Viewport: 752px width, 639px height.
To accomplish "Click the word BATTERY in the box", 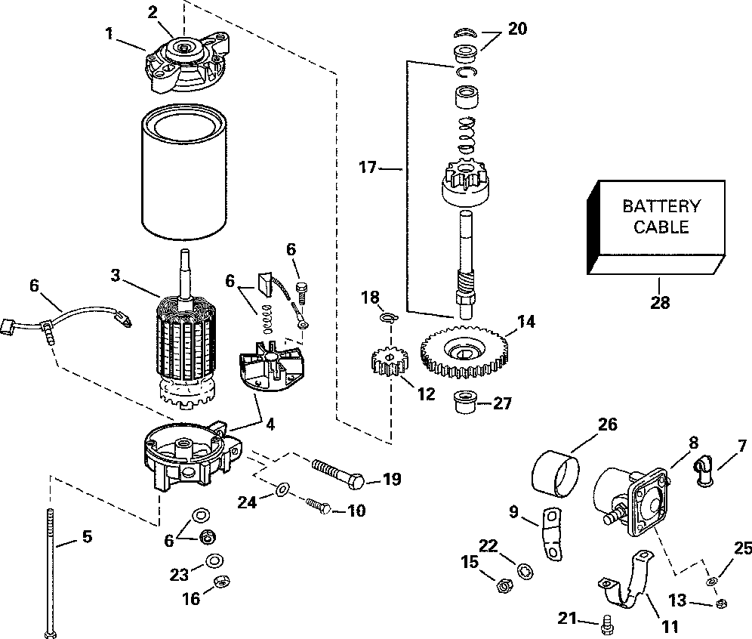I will pos(661,205).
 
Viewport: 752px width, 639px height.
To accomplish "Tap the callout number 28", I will pos(658,304).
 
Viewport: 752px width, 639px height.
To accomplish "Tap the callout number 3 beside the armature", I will pos(115,276).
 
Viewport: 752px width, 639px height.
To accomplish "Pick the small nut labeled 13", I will pos(720,603).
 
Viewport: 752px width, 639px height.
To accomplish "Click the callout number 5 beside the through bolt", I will pos(88,538).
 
